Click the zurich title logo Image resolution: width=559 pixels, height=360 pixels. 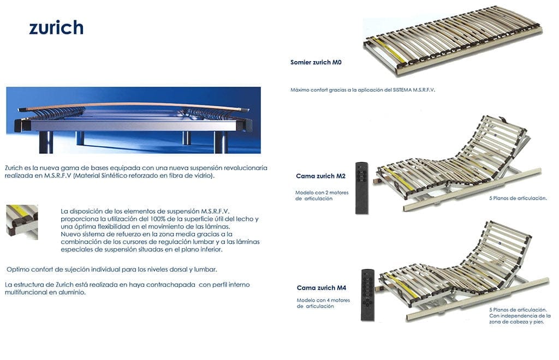point(56,27)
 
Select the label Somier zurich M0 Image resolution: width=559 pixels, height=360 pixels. point(316,62)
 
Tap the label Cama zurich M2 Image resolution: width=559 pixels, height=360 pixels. point(320,176)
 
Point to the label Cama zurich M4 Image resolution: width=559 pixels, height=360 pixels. point(321,287)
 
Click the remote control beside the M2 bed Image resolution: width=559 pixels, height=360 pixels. point(361,188)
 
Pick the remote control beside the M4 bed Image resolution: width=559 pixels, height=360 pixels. point(368,295)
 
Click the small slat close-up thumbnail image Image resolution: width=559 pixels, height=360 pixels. point(22,222)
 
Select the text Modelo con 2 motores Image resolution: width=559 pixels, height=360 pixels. point(322,193)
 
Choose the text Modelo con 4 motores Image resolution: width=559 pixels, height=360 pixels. point(323,300)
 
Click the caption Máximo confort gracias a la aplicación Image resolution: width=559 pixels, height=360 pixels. point(341,90)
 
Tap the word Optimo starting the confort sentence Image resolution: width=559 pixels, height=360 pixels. point(18,269)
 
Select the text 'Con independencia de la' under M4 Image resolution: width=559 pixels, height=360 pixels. point(520,316)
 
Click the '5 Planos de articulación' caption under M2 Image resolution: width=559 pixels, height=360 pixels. point(518,198)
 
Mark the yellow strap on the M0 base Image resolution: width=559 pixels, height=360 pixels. point(390,50)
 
